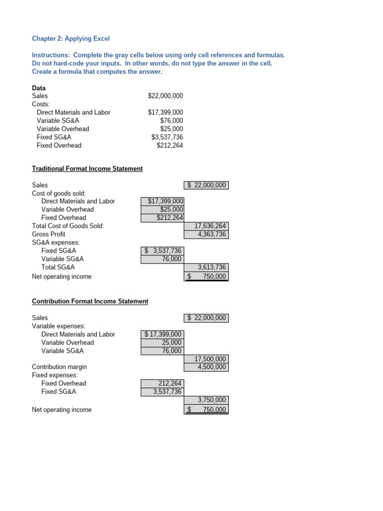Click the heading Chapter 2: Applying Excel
pos(70,38)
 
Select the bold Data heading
pos(39,88)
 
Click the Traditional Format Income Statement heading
pos(87,169)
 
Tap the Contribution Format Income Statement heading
pos(90,301)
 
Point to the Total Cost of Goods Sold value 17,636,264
pos(206,226)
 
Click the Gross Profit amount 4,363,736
pos(206,234)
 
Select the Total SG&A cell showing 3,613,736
pos(206,267)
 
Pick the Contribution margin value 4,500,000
pos(206,367)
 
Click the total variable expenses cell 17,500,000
pos(206,359)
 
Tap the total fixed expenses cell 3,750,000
pos(206,400)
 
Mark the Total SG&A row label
pos(58,267)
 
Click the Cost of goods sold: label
pos(59,193)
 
